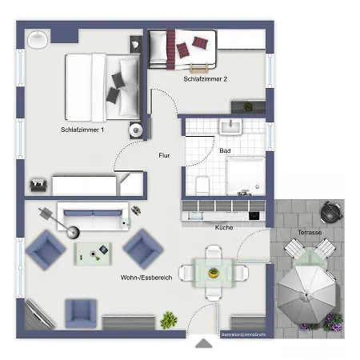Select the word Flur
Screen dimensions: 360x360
click(164, 155)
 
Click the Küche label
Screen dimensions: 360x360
click(225, 227)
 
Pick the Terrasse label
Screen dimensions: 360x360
click(310, 232)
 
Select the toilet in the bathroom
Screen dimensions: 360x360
click(202, 183)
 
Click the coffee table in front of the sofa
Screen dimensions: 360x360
click(95, 254)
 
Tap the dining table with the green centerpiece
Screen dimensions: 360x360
click(214, 272)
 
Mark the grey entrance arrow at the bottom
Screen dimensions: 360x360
click(205, 343)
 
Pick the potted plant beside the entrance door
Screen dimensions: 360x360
click(168, 320)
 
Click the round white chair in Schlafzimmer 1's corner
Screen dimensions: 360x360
click(38, 37)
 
